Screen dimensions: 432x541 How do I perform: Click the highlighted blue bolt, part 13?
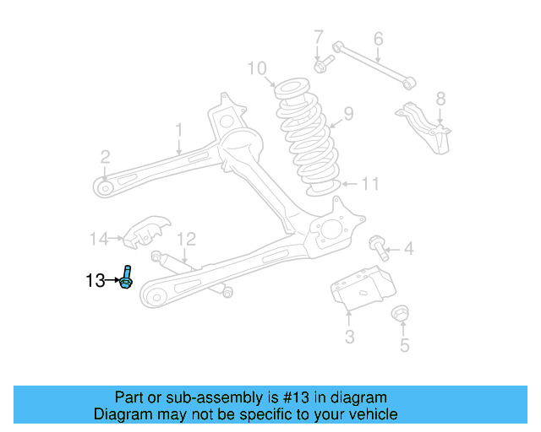coord(126,277)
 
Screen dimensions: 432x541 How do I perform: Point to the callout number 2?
coord(105,156)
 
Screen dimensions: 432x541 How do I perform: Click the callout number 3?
coord(349,338)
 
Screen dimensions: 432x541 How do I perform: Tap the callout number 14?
coord(99,239)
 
